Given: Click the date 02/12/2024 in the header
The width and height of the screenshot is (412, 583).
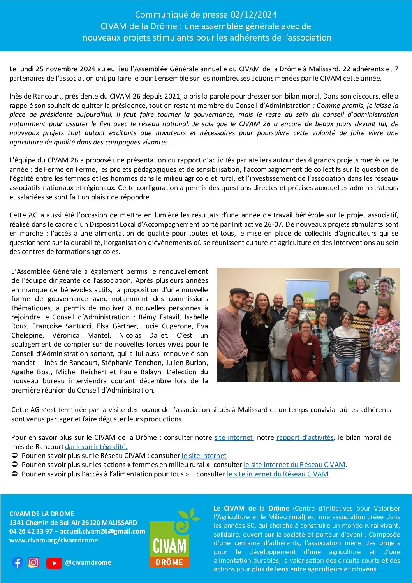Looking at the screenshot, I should click(x=254, y=15).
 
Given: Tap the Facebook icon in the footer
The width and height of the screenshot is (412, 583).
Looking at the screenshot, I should click(x=18, y=562).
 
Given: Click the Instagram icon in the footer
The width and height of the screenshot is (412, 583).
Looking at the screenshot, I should click(x=34, y=562).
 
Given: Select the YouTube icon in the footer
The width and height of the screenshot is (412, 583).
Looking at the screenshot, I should click(x=54, y=563).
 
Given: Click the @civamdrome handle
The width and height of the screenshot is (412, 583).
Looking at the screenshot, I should click(x=88, y=562).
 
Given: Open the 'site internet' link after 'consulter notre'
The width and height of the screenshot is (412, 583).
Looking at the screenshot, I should click(x=233, y=437).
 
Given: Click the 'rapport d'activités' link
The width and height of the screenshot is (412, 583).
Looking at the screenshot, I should click(x=305, y=437).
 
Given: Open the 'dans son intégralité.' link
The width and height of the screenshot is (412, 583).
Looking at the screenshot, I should click(x=96, y=447).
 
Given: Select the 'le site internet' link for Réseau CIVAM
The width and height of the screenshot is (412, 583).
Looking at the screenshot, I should click(x=204, y=456).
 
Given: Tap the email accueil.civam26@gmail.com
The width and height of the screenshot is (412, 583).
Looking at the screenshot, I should click(x=102, y=531).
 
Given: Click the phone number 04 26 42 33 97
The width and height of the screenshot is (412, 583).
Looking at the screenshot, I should click(x=31, y=531).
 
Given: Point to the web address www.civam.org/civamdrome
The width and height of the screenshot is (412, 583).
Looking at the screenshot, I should click(x=53, y=540).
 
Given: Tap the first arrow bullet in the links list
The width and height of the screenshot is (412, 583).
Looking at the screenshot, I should click(x=14, y=456).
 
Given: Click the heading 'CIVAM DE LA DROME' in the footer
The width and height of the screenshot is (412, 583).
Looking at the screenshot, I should click(x=42, y=514).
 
